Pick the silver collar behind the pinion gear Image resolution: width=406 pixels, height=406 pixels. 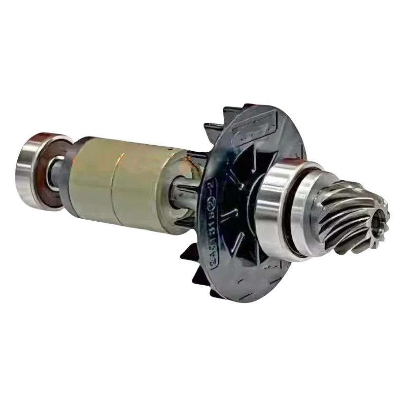coord(310,213)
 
